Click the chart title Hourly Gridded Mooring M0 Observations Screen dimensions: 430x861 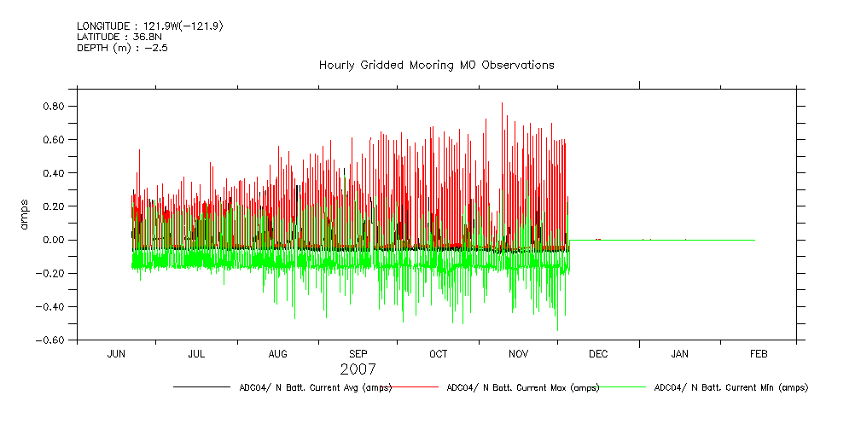tap(436, 65)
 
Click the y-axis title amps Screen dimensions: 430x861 tap(25, 214)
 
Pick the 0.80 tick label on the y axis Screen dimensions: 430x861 tap(55, 107)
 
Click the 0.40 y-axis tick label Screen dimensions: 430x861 tap(55, 173)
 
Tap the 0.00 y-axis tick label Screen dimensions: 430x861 tap(55, 240)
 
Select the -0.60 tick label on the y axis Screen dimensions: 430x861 tap(50, 340)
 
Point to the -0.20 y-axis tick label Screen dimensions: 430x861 tap(50, 273)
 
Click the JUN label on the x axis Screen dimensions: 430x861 tap(116, 354)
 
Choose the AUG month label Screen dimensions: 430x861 tap(278, 354)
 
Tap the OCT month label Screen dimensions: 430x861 tap(438, 354)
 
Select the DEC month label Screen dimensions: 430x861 tap(597, 354)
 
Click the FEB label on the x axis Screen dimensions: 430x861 tap(759, 354)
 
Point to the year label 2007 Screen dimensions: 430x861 tap(358, 370)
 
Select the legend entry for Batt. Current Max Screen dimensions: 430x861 tap(523, 387)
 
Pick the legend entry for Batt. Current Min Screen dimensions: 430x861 tap(730, 387)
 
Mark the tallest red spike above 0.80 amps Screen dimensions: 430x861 tap(502, 103)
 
